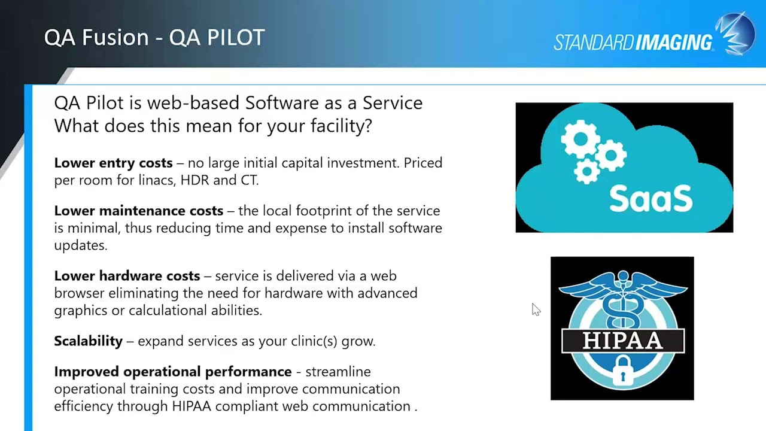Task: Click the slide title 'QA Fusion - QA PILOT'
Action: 154,38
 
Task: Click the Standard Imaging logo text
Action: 633,43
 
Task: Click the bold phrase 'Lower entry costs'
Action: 113,163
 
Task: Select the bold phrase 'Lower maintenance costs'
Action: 138,211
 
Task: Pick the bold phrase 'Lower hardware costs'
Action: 127,276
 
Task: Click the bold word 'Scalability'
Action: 88,341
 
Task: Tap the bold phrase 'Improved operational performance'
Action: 172,372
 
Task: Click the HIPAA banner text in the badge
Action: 622,341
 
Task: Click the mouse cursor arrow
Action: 535,308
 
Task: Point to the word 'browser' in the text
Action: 79,293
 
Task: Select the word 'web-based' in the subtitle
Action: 194,103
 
